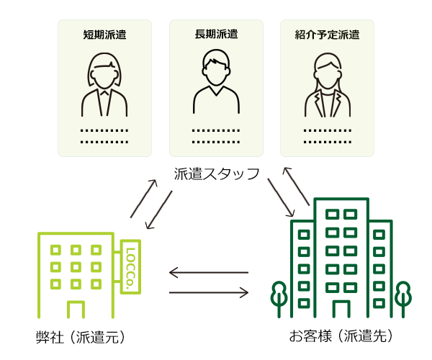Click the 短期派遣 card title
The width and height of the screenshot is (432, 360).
(x=104, y=34)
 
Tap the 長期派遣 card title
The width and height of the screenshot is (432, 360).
(x=216, y=34)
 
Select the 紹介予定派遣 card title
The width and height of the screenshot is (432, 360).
(x=327, y=34)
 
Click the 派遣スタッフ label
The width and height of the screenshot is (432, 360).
(x=216, y=174)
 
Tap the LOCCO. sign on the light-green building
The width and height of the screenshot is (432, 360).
(x=132, y=266)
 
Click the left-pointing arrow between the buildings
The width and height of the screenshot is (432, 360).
(x=208, y=273)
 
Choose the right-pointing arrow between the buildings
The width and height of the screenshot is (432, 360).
(x=208, y=292)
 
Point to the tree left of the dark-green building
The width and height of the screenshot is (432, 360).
(x=279, y=297)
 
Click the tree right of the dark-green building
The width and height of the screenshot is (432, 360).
(x=402, y=297)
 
